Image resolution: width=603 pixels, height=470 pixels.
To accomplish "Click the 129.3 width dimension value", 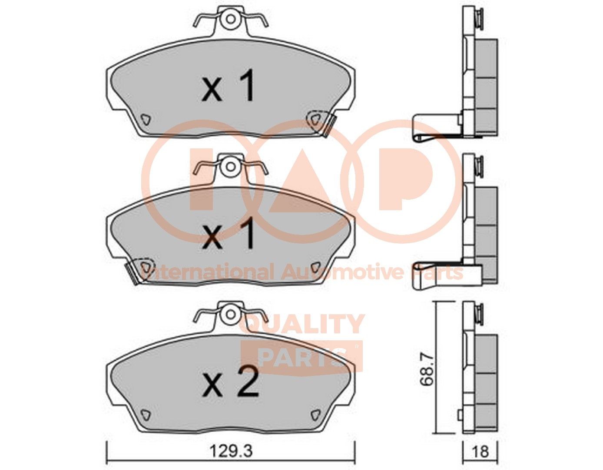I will (231, 453).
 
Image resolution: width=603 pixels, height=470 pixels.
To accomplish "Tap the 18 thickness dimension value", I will (480, 453).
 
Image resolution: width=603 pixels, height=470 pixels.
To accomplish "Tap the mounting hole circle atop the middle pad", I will (230, 166).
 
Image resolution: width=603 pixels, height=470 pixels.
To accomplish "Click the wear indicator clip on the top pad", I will (329, 125).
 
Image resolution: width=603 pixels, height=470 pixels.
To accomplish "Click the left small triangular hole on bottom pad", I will (145, 414).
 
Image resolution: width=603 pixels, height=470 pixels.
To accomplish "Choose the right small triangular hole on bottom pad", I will (315, 414).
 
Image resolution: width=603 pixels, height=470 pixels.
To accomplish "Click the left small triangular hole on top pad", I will (145, 119).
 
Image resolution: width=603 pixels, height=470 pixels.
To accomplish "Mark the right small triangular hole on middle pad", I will (315, 266).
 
